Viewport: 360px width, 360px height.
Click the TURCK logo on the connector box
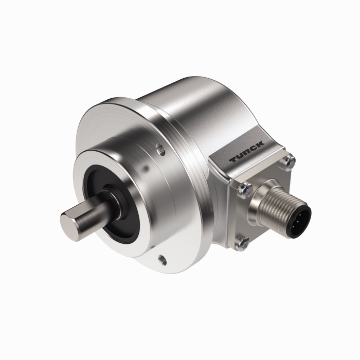(x=247, y=152)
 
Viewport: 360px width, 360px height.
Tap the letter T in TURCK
(x=234, y=161)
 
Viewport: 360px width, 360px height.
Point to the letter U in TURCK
(x=241, y=156)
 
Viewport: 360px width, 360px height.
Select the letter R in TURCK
(x=247, y=152)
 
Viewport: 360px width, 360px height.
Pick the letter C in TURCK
(x=254, y=148)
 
